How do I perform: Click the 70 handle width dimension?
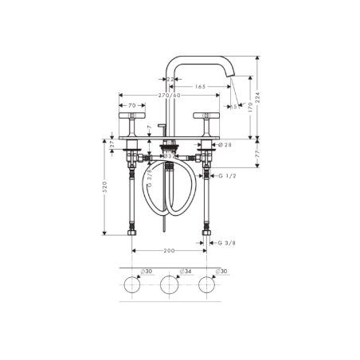click(x=131, y=104)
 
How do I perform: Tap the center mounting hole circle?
click(x=169, y=285)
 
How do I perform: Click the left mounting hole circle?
click(x=131, y=285)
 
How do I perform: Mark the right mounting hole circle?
click(x=207, y=285)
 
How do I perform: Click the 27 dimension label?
click(x=112, y=145)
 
